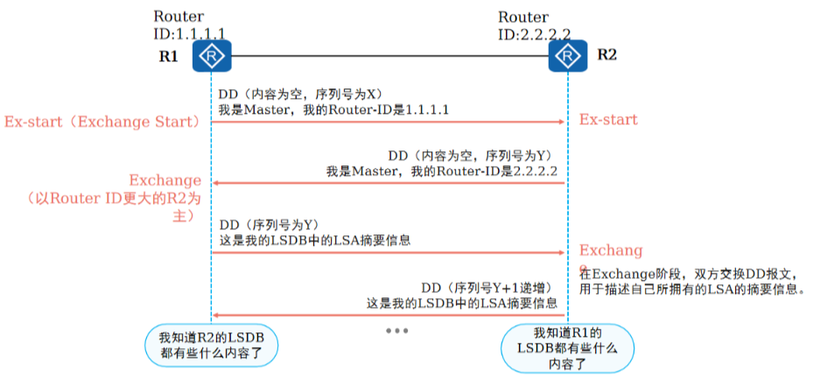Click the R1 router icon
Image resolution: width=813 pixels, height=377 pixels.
pos(211,57)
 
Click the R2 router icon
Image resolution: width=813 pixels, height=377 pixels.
pos(568,57)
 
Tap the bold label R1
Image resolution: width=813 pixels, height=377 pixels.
pos(169,56)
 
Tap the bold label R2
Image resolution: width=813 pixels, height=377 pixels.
pos(607,55)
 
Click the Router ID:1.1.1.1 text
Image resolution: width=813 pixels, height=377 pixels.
pos(189,25)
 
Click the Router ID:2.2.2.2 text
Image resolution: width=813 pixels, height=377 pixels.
pos(534,25)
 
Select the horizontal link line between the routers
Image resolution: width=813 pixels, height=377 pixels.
pos(389,57)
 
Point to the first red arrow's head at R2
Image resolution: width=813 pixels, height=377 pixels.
pos(563,122)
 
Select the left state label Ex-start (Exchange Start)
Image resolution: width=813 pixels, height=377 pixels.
pos(103,121)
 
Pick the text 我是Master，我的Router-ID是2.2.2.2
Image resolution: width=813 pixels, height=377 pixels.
pos(442,171)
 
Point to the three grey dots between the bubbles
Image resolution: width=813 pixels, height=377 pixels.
pos(396,331)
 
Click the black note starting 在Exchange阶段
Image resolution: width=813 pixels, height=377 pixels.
pos(691,280)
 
